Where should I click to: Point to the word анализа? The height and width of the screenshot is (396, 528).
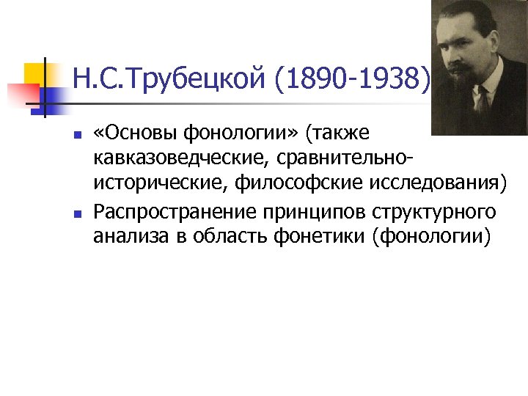[126, 237]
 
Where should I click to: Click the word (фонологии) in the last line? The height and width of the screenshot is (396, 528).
[430, 237]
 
